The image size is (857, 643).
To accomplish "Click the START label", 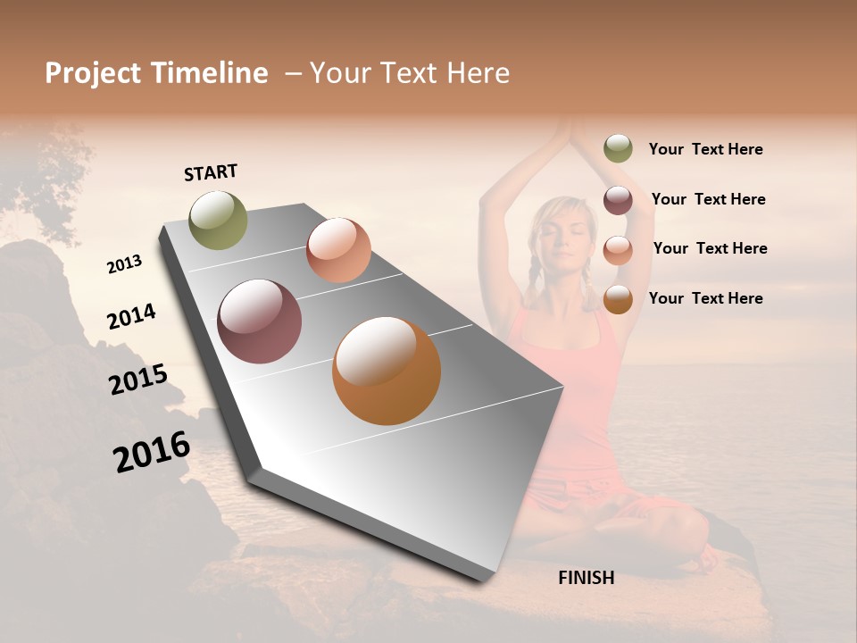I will click(211, 172).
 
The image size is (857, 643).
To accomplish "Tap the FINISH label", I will click(586, 578).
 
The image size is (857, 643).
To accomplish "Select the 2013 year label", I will click(124, 264).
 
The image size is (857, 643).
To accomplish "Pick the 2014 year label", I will click(131, 316).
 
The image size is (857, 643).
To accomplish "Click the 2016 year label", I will click(152, 452).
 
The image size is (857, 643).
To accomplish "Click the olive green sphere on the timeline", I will click(219, 220).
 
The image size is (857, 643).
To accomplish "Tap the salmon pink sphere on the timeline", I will click(338, 250).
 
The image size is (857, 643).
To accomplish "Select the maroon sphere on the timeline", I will click(259, 321).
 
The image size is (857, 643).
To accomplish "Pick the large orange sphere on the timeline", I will click(387, 371).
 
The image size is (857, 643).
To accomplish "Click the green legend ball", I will click(618, 148).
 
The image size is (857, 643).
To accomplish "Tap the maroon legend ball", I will click(618, 200).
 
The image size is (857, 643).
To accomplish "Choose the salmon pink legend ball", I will click(618, 250).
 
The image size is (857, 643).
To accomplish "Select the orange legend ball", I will click(618, 300).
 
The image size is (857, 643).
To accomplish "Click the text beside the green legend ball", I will click(705, 150).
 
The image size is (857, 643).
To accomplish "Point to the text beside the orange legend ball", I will click(705, 298).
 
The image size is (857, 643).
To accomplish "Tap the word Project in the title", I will click(93, 73).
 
